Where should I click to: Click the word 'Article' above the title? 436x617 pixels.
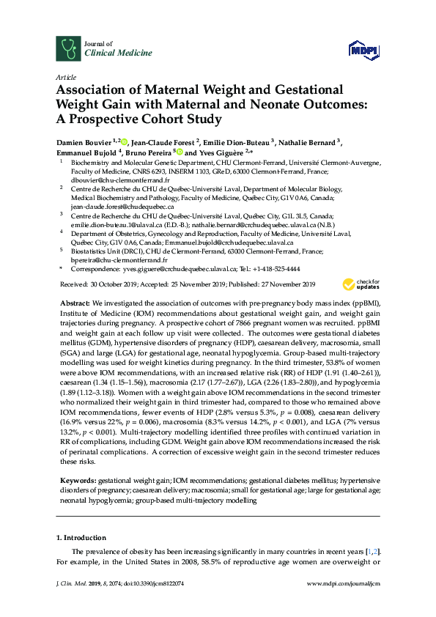tap(64, 76)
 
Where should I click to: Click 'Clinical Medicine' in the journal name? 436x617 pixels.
tap(119, 53)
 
